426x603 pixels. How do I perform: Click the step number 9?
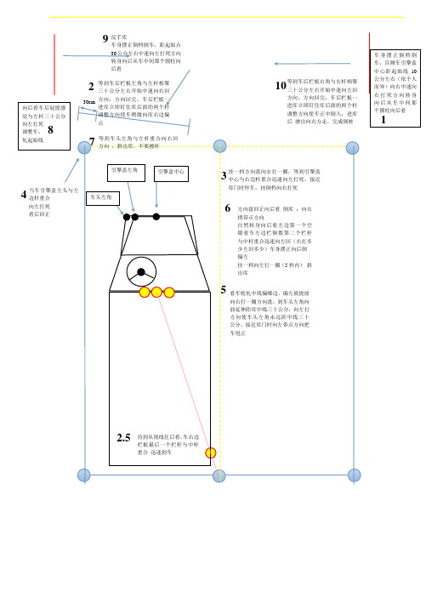[x=104, y=38]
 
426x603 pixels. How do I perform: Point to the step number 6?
[x=226, y=208]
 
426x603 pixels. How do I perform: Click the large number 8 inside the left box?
[x=50, y=130]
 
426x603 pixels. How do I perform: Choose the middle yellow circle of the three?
[x=157, y=293]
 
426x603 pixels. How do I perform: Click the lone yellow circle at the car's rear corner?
[x=213, y=453]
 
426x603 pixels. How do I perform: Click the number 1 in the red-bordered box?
[x=384, y=120]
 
